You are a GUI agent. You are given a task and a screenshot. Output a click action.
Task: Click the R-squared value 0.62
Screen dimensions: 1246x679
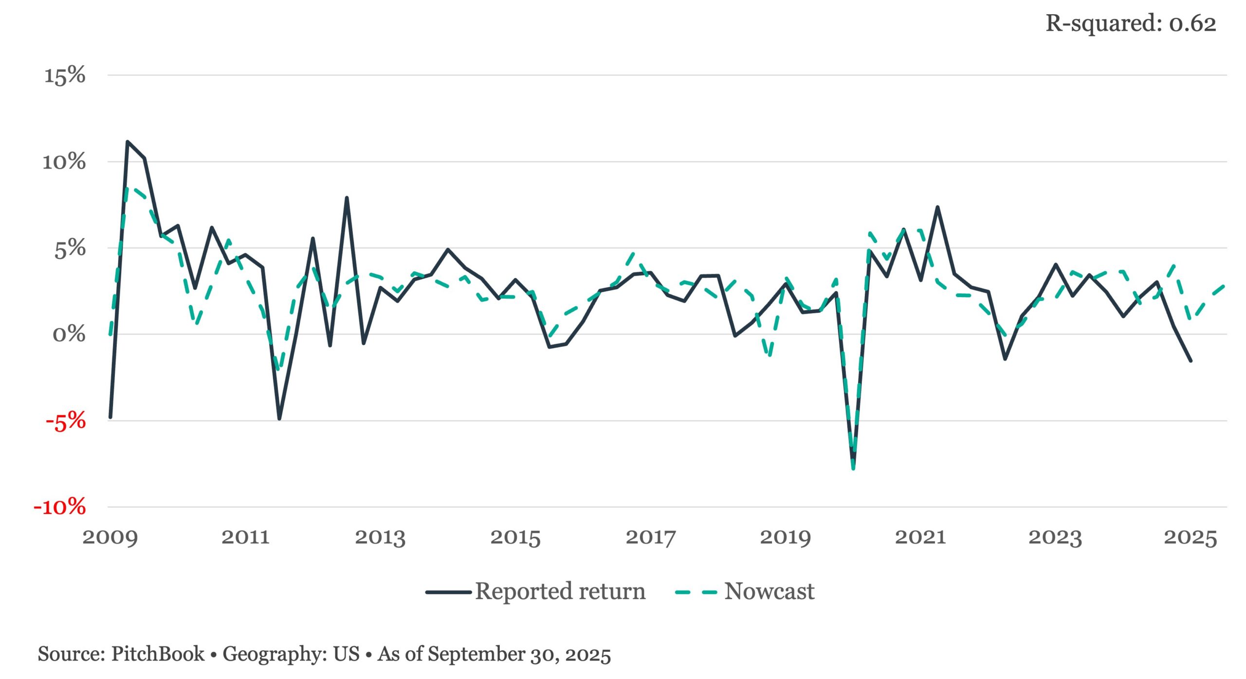tap(1192, 23)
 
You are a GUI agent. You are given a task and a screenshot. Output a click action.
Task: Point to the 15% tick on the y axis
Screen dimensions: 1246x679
tap(65, 75)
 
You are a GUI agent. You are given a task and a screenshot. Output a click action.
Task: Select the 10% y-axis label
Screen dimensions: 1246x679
tap(64, 162)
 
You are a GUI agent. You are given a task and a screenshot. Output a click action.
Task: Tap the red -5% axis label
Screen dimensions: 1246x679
tap(66, 421)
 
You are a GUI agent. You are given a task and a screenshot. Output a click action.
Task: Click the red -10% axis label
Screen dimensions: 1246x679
tap(60, 507)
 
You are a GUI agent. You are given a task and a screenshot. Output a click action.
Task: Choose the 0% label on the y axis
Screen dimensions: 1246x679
tap(69, 335)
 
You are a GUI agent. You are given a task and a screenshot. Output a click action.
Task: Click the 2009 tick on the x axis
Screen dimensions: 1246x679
tap(110, 537)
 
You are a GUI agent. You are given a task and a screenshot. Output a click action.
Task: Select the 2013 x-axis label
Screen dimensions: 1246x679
tap(380, 537)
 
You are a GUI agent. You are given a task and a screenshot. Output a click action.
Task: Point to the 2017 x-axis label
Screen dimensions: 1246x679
tap(651, 537)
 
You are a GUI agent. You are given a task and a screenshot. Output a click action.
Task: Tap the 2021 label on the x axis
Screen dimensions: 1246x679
tap(920, 537)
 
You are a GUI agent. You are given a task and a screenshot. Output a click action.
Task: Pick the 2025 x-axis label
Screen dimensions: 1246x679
tap(1191, 537)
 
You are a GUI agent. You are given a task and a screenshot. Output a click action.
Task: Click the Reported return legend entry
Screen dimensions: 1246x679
tap(535, 591)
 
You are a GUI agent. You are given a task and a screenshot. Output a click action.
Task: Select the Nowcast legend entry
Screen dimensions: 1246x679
tap(745, 591)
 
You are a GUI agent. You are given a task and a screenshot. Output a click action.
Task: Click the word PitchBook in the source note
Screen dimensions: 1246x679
tap(158, 654)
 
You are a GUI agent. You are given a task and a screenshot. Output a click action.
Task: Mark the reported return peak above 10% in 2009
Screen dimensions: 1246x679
tap(128, 142)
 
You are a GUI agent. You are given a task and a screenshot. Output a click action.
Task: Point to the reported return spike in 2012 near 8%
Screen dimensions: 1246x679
tap(347, 198)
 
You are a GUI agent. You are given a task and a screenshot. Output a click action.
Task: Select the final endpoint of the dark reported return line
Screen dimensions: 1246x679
tap(1191, 361)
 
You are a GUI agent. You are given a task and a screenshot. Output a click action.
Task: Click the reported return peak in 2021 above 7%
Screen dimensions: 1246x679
tap(937, 207)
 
